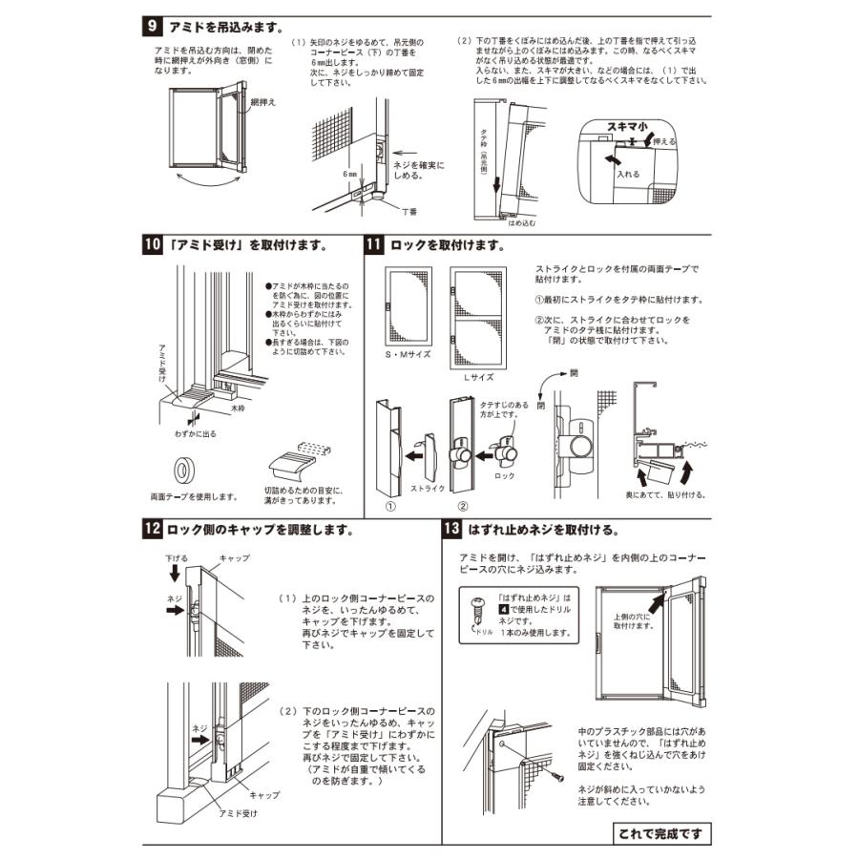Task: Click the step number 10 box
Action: point(153,245)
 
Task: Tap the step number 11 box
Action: point(375,245)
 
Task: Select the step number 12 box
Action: point(153,528)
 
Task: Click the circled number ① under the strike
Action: point(390,507)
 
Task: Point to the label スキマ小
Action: point(628,126)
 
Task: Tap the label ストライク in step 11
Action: point(428,486)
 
